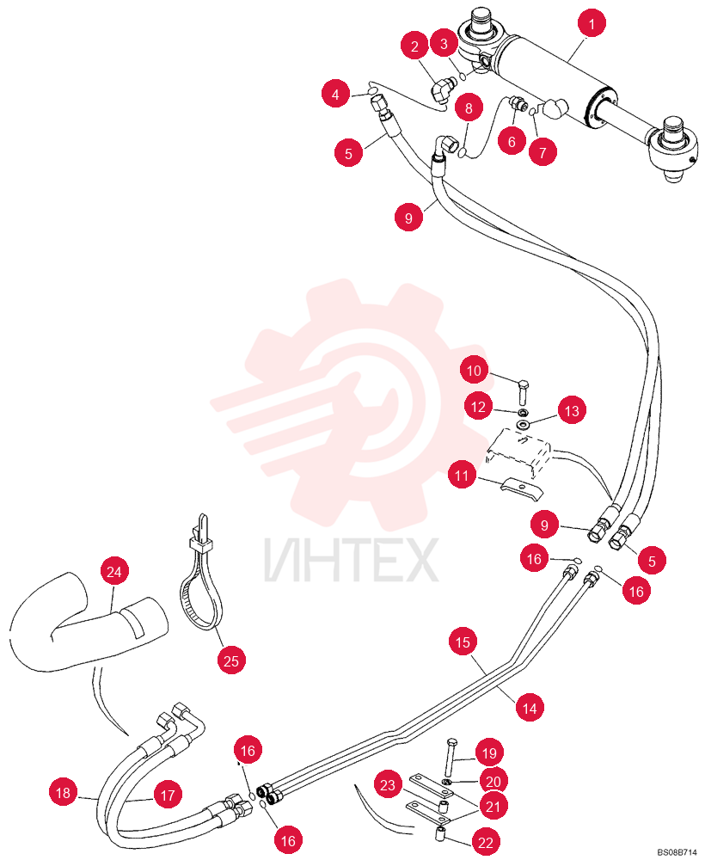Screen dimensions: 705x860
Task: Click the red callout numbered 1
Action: pyautogui.click(x=592, y=24)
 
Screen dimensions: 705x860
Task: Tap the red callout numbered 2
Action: pyautogui.click(x=414, y=46)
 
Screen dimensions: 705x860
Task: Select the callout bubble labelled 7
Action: pyautogui.click(x=543, y=152)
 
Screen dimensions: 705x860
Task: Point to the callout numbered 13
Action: pyautogui.click(x=572, y=410)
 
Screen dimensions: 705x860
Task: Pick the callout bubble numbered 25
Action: pyautogui.click(x=231, y=660)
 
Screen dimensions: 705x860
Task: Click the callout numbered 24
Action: pyautogui.click(x=114, y=572)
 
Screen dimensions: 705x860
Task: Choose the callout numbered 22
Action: pyautogui.click(x=486, y=842)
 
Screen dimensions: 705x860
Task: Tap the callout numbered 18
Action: pyautogui.click(x=63, y=793)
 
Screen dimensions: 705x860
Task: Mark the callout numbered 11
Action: pyautogui.click(x=463, y=475)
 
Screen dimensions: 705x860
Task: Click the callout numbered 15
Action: pyautogui.click(x=463, y=642)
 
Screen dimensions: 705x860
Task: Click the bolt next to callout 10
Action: pyautogui.click(x=523, y=391)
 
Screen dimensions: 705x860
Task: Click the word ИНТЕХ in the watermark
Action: pyautogui.click(x=352, y=561)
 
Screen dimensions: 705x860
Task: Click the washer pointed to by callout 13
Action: pyautogui.click(x=523, y=425)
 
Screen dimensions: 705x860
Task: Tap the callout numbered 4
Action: pyautogui.click(x=335, y=95)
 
